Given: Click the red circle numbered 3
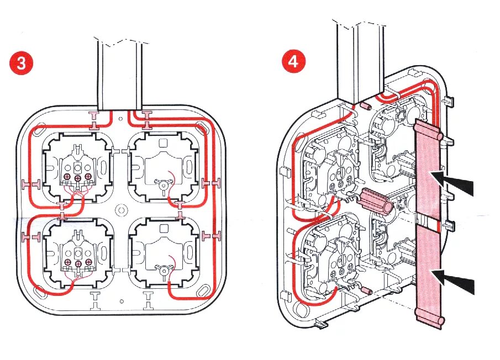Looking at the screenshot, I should click(x=21, y=63).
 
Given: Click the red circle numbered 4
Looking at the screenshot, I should click(x=293, y=61).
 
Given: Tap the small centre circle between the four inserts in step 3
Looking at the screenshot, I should click(x=120, y=210).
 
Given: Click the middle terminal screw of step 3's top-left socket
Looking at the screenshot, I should click(x=77, y=177).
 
